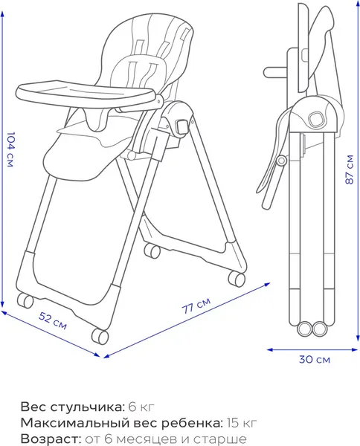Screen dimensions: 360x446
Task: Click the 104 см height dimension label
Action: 10,149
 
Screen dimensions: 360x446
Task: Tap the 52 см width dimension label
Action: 53,321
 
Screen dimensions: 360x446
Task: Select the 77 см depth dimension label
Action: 196,306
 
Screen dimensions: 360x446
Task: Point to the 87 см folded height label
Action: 349,169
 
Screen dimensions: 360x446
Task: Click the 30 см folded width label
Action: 315,360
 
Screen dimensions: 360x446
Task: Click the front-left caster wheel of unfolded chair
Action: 25,300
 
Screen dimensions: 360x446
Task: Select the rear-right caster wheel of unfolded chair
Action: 237,279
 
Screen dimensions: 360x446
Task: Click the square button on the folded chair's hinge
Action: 315,118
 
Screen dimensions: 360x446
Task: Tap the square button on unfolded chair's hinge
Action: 181,126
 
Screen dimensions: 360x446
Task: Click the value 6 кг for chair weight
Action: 141,407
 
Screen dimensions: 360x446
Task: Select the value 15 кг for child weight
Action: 242,423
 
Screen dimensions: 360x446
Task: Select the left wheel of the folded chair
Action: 304,329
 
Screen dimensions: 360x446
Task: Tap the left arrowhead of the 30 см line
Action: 270,349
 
